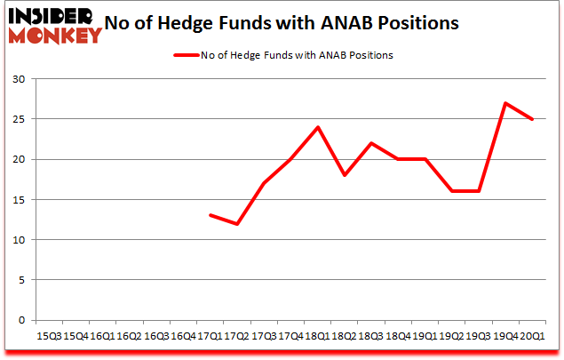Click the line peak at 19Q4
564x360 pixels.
point(504,103)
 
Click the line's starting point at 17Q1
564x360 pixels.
point(211,215)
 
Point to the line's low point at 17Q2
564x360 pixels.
point(237,223)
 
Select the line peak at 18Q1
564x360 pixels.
point(317,127)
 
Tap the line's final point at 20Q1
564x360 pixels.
point(532,119)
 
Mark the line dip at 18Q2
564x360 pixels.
point(344,175)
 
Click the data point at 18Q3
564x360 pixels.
point(370,143)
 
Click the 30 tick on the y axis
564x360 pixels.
point(19,79)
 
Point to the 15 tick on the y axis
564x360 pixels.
point(19,200)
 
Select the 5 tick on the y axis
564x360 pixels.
point(21,280)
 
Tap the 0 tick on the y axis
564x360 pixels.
point(21,320)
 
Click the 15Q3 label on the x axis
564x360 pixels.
point(48,336)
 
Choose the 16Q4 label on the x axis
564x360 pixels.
point(182,336)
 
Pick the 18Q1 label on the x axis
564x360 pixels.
point(316,336)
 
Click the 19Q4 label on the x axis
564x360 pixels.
point(504,336)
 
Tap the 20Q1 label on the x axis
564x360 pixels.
point(531,336)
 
